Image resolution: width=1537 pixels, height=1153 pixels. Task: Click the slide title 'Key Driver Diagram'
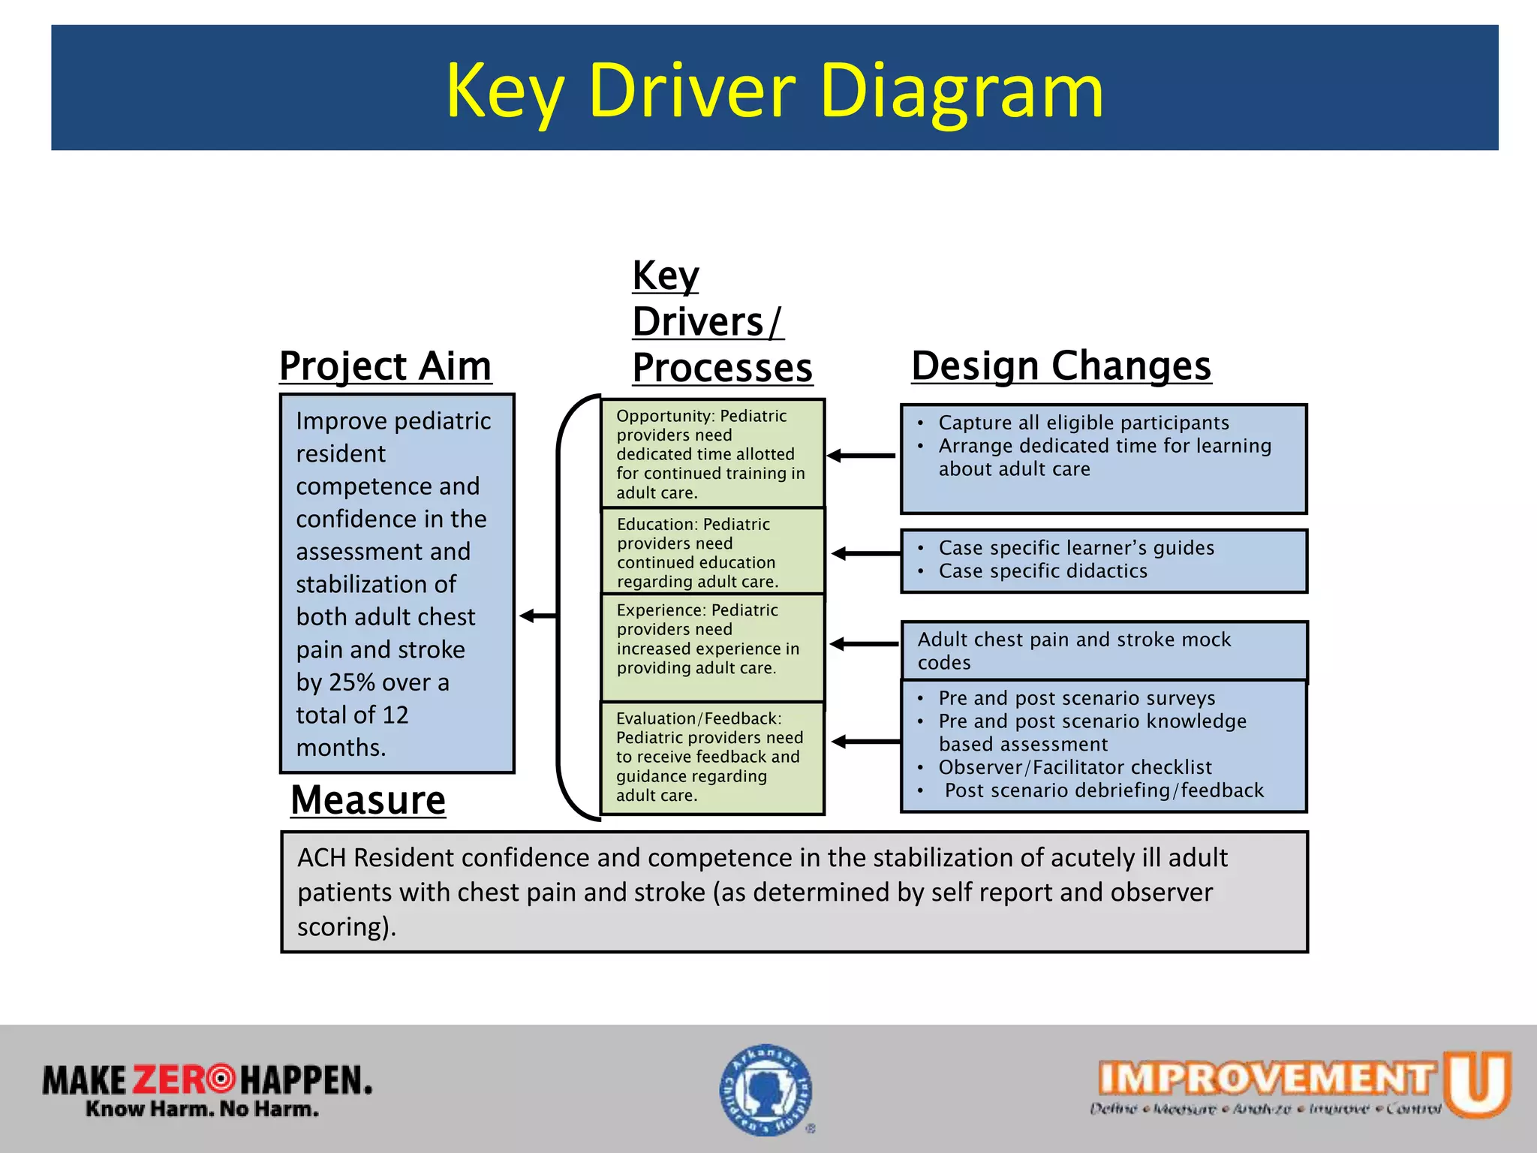coord(774,90)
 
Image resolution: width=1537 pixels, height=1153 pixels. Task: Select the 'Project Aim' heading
coord(385,367)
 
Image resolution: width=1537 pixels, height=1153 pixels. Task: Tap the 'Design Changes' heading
coord(1060,366)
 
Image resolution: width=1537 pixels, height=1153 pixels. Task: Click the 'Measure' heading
coord(368,800)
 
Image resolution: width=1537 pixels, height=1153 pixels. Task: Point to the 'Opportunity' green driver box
coord(712,453)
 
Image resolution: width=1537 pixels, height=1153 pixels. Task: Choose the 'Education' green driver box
coord(712,552)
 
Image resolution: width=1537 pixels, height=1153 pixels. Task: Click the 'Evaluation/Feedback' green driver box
coord(712,757)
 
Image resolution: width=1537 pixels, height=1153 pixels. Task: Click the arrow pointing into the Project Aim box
coord(538,616)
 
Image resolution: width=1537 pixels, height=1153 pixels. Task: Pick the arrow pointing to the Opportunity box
coord(861,455)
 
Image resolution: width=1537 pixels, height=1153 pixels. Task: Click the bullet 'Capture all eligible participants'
coord(1083,423)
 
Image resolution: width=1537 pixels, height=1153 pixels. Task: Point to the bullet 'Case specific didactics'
coord(1042,571)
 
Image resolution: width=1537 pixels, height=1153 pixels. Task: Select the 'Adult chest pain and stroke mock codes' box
coord(1103,650)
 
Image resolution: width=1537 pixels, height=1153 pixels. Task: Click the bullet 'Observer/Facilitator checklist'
coord(1075,767)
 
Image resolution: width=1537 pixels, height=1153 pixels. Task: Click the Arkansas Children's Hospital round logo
coord(766,1090)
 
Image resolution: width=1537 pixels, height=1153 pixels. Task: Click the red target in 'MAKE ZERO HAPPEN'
coord(221,1079)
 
